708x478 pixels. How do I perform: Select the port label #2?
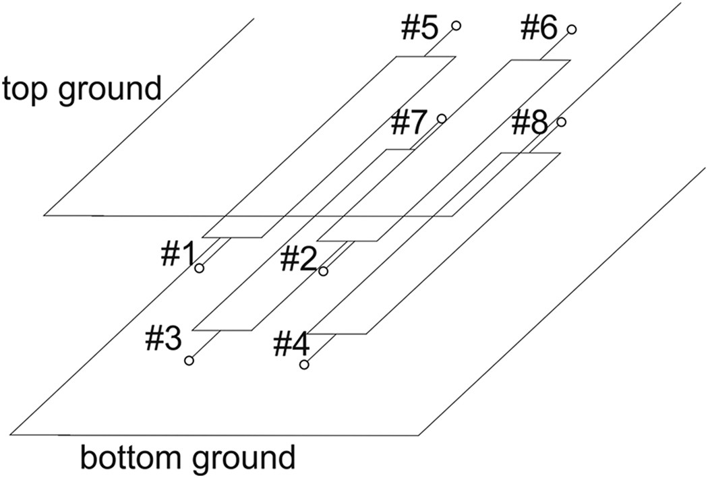click(x=299, y=258)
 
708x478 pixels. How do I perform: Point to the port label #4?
click(x=291, y=345)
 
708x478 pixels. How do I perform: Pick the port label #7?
click(x=409, y=123)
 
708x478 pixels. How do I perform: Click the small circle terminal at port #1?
click(x=200, y=269)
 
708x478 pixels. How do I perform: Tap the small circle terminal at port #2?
click(x=324, y=271)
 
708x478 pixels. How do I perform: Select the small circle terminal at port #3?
click(x=189, y=361)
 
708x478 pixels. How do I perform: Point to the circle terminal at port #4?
click(x=305, y=365)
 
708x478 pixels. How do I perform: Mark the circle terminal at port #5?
click(x=456, y=26)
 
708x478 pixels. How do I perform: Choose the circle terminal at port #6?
click(x=571, y=30)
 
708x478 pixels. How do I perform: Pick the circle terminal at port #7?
click(x=442, y=119)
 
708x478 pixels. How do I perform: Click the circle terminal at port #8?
click(x=561, y=122)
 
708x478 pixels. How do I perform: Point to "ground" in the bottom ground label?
click(x=251, y=458)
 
